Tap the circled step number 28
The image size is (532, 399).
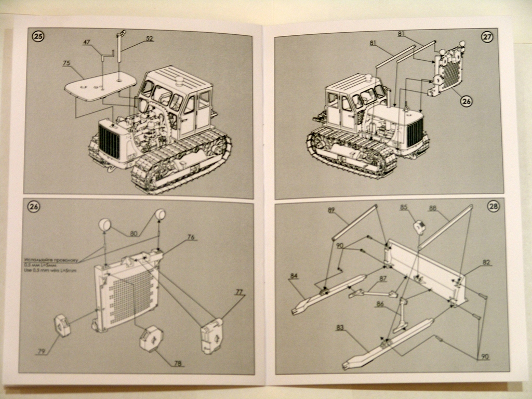pos(493,206)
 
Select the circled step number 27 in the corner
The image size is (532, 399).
pos(487,36)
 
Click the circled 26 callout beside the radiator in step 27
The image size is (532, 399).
pos(466,102)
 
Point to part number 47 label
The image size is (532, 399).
pos(86,43)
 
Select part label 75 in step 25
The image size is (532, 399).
pos(66,63)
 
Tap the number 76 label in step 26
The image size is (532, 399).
pos(191,237)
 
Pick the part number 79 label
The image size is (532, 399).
pos(42,352)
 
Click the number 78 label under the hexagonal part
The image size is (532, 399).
pos(178,363)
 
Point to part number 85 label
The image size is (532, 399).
pos(404,207)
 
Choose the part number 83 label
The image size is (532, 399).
pos(340,328)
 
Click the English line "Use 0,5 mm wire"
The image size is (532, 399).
pos(50,271)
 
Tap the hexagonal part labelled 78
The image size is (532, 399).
pos(151,338)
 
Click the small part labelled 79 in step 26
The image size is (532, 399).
pos(62,325)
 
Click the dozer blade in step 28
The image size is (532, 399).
pos(423,270)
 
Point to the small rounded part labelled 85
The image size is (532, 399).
pos(419,227)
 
